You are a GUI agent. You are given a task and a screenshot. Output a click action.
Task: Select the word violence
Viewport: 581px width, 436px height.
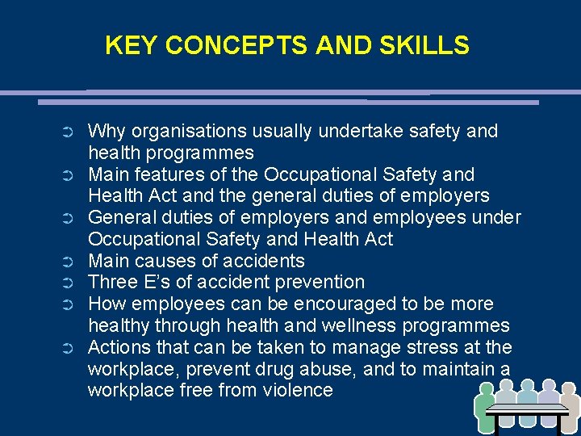coord(293,391)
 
